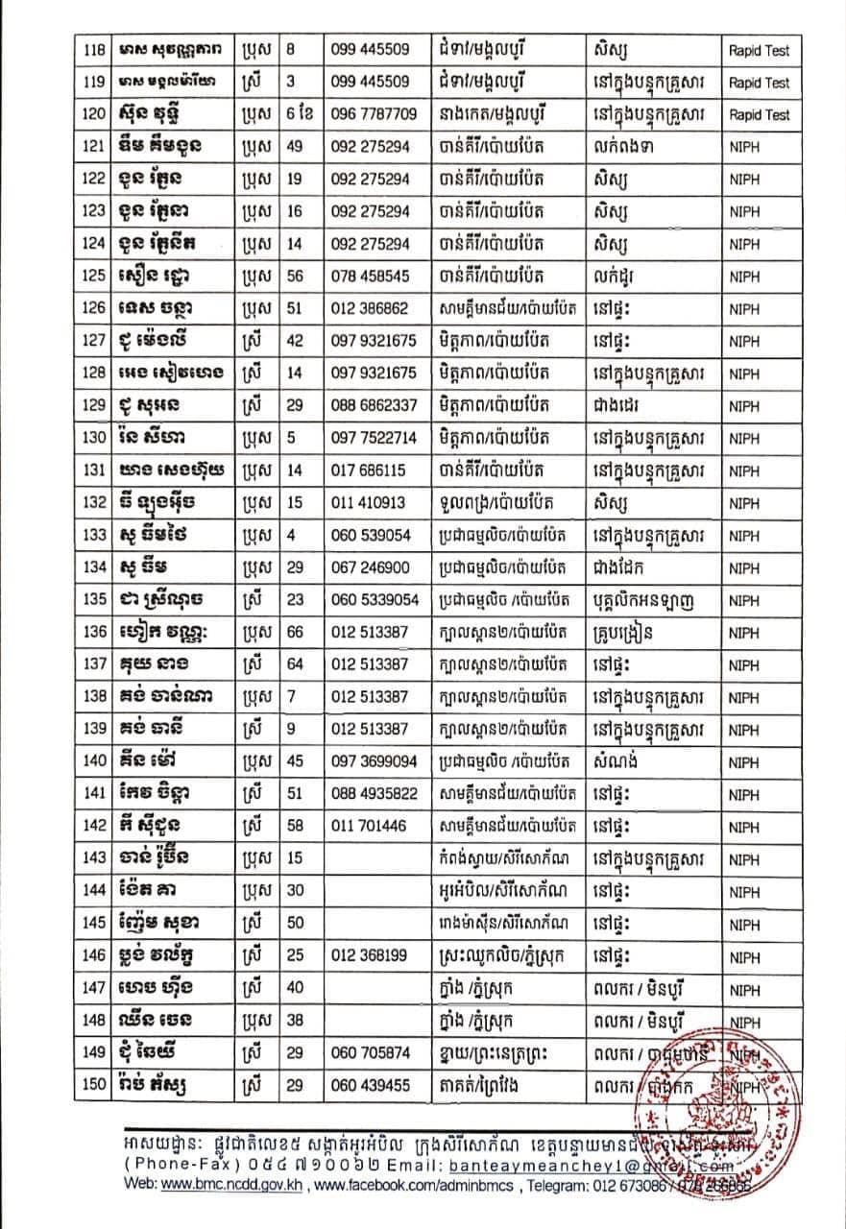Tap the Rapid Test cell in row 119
point(758,82)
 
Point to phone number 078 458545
point(370,276)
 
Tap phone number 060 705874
point(370,1053)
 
